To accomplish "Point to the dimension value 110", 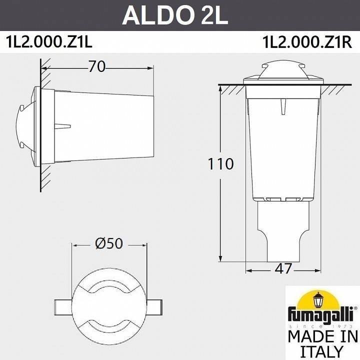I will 220,163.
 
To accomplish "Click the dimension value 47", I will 283,268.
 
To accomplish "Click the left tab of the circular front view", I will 64,305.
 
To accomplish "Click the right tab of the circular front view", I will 154,305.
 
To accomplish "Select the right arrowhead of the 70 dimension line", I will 150,68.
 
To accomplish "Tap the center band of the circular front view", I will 109,305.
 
